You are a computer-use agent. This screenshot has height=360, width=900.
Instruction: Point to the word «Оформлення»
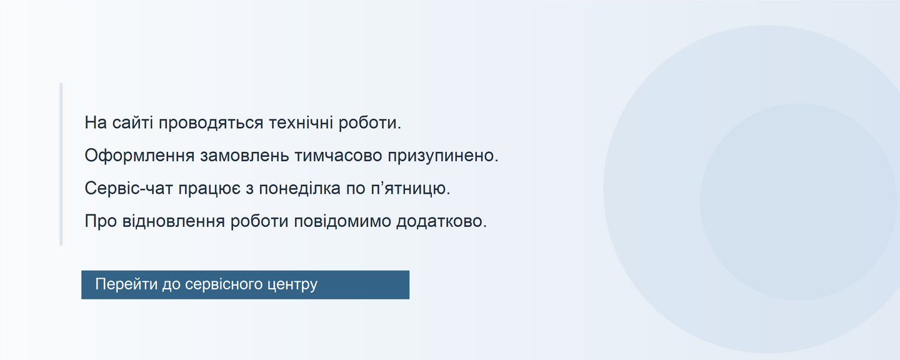pyautogui.click(x=139, y=156)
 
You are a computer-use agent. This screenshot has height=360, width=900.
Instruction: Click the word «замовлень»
pyautogui.click(x=244, y=156)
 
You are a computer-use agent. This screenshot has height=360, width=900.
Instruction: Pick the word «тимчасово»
pyautogui.click(x=338, y=156)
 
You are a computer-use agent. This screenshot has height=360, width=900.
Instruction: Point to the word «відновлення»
pyautogui.click(x=174, y=221)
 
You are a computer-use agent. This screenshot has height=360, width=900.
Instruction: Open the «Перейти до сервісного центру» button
pyautogui.click(x=246, y=285)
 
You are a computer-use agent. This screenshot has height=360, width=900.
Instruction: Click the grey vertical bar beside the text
pyautogui.click(x=61, y=164)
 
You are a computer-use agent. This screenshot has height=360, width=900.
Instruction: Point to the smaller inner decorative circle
pyautogui.click(x=798, y=202)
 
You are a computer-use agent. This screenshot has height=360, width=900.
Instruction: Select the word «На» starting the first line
pyautogui.click(x=96, y=122)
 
